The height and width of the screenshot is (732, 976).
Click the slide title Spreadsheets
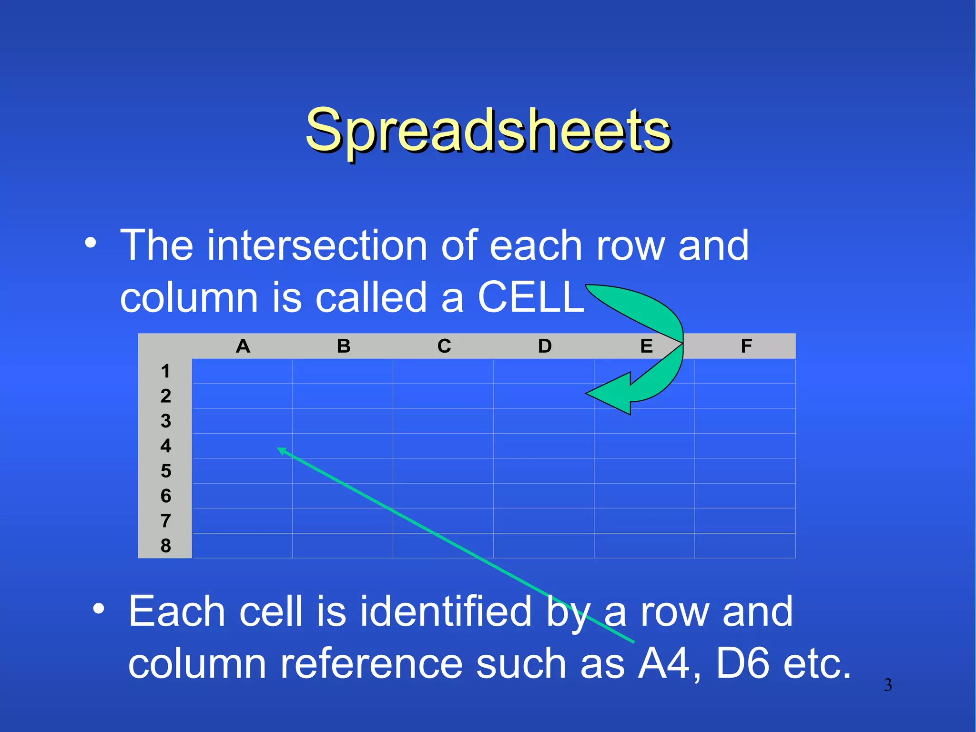point(488,130)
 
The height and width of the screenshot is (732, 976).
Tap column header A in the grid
point(243,346)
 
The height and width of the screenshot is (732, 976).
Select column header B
point(343,346)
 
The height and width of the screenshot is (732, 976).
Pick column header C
point(444,346)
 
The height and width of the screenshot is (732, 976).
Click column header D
point(545,346)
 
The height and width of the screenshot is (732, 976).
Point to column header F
point(746,346)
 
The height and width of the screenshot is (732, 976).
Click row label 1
point(165,371)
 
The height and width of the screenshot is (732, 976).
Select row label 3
point(165,421)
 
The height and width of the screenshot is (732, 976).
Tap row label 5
point(165,471)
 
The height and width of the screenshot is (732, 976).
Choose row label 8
point(165,546)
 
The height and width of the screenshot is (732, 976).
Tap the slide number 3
point(888,685)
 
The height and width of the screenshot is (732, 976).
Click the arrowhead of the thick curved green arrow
point(608,394)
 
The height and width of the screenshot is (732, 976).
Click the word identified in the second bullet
point(446,611)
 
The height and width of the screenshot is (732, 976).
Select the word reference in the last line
point(371,663)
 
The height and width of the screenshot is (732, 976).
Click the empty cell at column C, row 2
point(443,396)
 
